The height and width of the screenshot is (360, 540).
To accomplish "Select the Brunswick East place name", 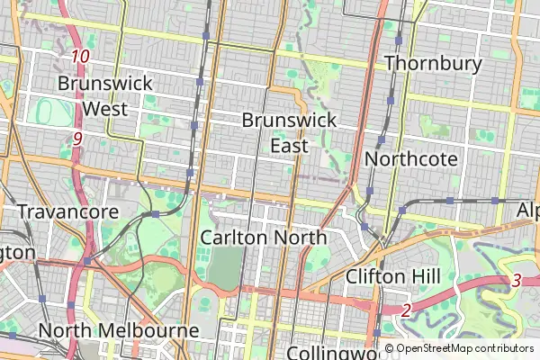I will (x=289, y=132).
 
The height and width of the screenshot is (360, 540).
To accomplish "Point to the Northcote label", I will (x=411, y=159).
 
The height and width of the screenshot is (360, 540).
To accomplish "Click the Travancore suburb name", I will (x=67, y=212).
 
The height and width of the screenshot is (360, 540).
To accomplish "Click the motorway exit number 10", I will (x=81, y=57).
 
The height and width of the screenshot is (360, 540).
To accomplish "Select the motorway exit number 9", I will (x=77, y=139).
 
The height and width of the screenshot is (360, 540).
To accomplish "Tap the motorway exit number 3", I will (x=516, y=280).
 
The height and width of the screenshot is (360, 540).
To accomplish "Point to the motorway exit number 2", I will (x=406, y=310).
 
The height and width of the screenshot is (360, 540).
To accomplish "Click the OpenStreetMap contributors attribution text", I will (x=464, y=348).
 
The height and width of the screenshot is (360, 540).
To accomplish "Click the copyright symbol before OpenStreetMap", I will (x=390, y=348).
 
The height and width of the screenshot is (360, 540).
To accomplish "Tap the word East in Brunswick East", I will (x=289, y=145).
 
